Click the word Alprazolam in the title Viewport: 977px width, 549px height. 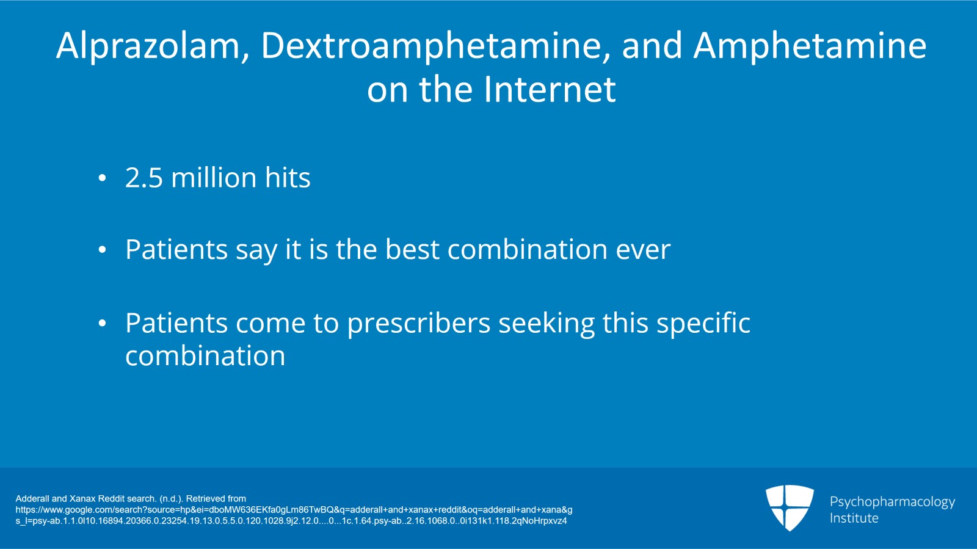[148, 46]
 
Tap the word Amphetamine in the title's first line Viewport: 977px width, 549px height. [810, 46]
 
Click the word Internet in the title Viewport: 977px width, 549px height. [550, 90]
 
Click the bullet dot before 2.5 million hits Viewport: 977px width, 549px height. [102, 179]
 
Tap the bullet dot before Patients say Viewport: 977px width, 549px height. [102, 250]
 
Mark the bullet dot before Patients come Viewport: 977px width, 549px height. [102, 324]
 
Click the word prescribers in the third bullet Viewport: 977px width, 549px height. [418, 324]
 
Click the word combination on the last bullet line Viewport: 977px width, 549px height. [205, 356]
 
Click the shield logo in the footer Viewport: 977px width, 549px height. [790, 507]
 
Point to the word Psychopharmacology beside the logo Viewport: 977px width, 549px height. [892, 502]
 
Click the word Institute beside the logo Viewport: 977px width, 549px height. [854, 518]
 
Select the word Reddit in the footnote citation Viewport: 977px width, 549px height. [111, 498]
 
